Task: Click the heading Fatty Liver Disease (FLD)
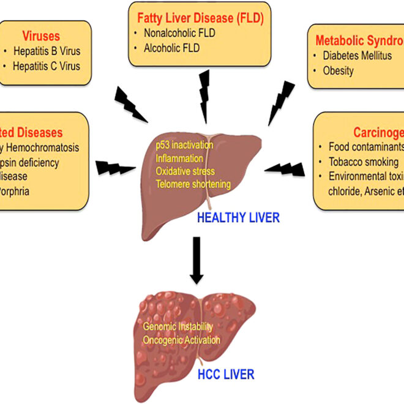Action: click(x=200, y=18)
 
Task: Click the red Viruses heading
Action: click(x=41, y=36)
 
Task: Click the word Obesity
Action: click(x=339, y=70)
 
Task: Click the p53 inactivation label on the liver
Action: click(x=184, y=145)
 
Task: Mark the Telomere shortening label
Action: click(x=193, y=184)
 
